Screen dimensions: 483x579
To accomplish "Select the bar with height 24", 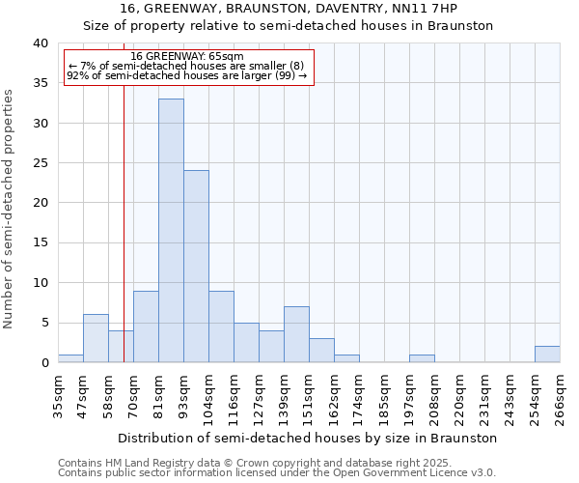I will click(x=196, y=266).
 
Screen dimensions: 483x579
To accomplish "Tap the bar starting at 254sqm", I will click(x=547, y=355).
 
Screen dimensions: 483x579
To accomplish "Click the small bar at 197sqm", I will click(x=422, y=358).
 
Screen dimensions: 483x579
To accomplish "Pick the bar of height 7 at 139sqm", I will click(x=296, y=334).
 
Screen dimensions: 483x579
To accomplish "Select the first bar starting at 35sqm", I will click(x=70, y=358).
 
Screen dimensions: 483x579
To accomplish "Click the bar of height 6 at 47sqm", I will click(x=96, y=338).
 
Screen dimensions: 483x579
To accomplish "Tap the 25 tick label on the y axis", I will click(x=40, y=163).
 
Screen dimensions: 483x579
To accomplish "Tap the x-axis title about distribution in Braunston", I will click(x=308, y=438).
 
